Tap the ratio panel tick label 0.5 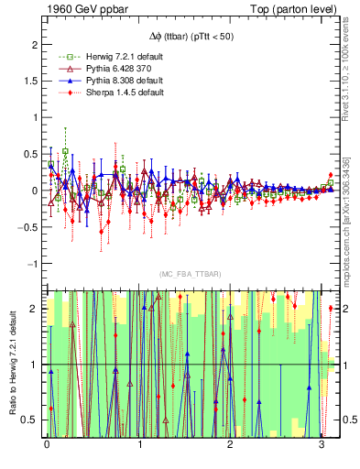[x=28, y=420]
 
